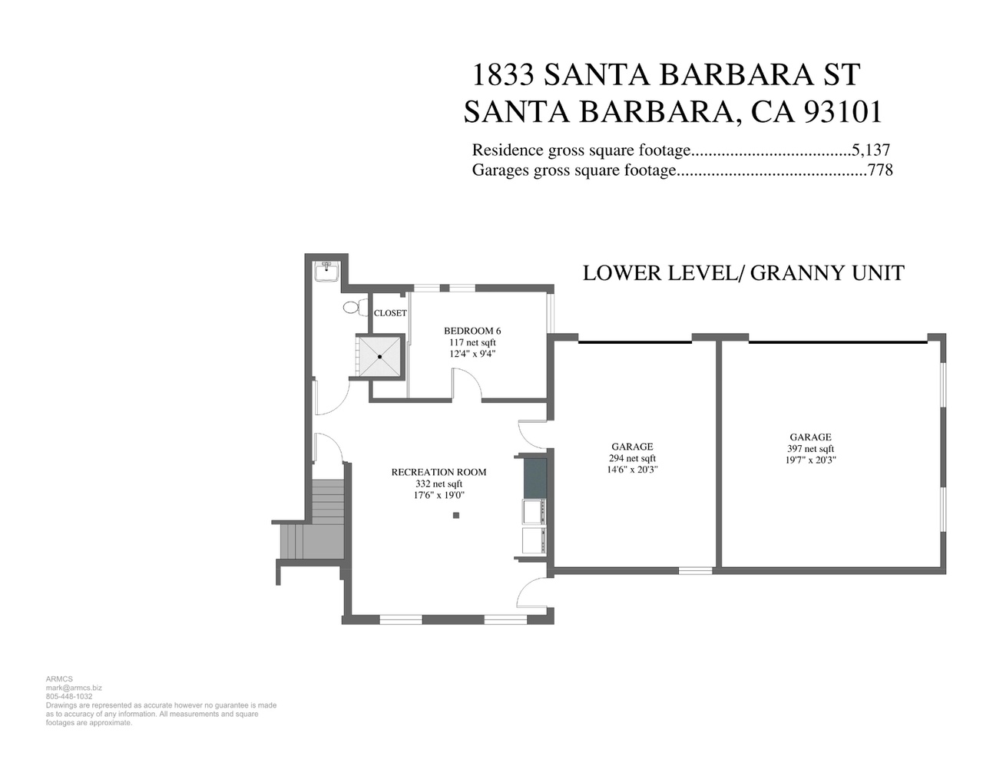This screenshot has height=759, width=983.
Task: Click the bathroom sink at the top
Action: tap(326, 272)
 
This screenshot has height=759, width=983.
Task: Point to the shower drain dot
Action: tap(379, 357)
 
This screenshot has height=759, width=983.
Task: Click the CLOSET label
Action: tap(390, 313)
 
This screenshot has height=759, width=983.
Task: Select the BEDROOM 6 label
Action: tap(472, 331)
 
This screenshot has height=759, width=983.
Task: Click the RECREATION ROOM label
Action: tap(439, 472)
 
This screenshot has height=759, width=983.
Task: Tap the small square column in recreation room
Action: tap(456, 516)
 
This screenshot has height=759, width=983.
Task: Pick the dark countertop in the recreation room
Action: tap(535, 478)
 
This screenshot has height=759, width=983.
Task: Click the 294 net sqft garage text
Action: tap(632, 458)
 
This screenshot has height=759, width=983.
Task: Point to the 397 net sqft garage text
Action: tap(810, 449)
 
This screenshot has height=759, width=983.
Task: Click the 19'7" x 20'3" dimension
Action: tap(810, 460)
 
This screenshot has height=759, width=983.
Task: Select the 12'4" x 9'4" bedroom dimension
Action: tap(472, 354)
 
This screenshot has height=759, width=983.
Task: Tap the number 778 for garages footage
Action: tap(880, 170)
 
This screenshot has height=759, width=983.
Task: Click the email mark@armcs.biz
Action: tap(74, 688)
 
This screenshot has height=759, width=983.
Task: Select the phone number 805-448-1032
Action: tap(69, 696)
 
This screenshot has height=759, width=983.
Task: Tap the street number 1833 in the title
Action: tap(502, 74)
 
